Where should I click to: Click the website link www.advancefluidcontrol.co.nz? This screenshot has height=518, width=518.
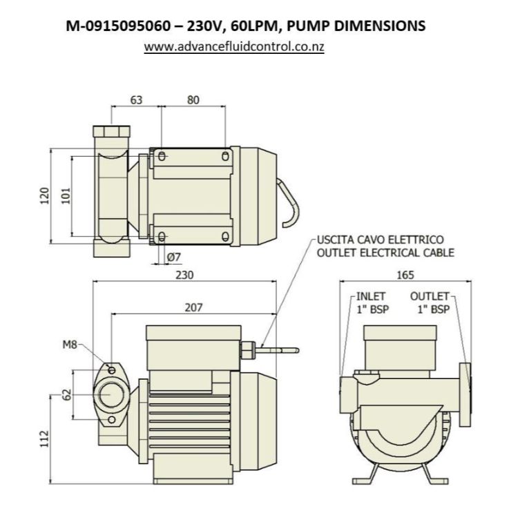click(234, 48)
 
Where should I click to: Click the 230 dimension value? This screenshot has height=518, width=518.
click(184, 275)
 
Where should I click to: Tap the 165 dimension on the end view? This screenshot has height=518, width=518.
click(405, 275)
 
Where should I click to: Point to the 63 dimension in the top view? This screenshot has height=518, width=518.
click(136, 100)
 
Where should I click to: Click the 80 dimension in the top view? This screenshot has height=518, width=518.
click(193, 100)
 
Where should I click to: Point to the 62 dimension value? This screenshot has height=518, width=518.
click(67, 395)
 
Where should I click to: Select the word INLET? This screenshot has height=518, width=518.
click(371, 296)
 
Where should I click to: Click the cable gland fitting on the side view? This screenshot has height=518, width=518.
click(247, 349)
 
